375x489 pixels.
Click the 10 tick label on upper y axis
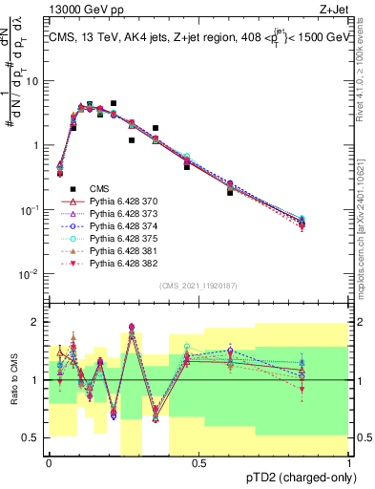[x=31, y=80]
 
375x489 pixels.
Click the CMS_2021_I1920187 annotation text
[x=198, y=286]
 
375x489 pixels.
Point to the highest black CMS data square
[x=114, y=103]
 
